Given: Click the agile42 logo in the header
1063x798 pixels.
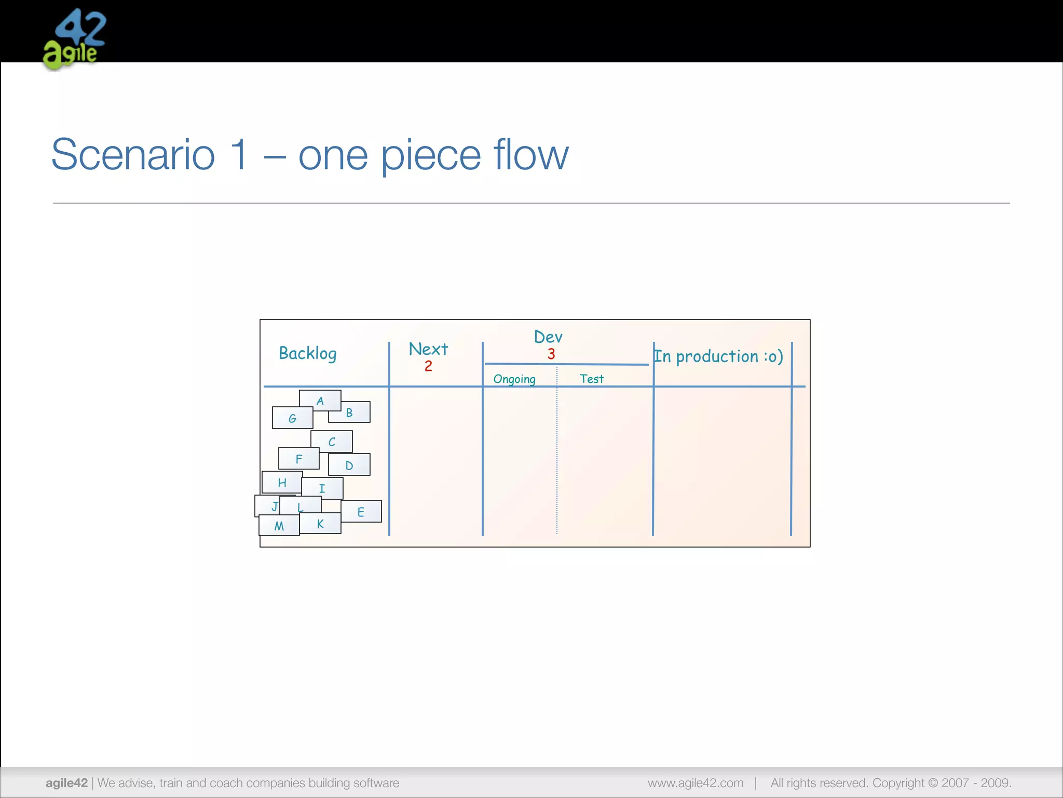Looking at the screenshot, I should coord(74,39).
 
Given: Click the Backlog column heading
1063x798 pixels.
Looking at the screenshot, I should coord(308,354).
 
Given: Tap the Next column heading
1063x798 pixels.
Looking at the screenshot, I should coord(428,349).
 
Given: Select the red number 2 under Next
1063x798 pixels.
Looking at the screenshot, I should coord(428,366).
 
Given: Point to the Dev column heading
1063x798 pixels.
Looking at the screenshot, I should coord(548,337).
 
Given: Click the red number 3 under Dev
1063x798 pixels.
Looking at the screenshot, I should coord(551,354).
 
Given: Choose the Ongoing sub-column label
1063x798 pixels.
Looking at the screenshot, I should coord(514,379).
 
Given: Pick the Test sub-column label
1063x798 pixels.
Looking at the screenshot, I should coord(592,379).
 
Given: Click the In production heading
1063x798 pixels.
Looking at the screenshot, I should coord(718,356).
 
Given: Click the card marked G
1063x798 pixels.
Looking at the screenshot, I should coord(292,418).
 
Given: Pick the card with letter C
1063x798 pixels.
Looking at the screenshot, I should coord(332,442).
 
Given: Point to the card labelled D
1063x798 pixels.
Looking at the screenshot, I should coord(349,465).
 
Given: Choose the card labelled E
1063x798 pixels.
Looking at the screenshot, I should coord(361,512).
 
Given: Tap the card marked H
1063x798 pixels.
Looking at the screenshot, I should coord(282,483).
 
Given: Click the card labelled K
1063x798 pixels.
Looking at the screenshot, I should coord(320,524).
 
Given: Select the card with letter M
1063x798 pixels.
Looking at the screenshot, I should coord(279,526).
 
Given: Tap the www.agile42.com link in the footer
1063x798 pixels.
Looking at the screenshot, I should coord(696,783).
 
